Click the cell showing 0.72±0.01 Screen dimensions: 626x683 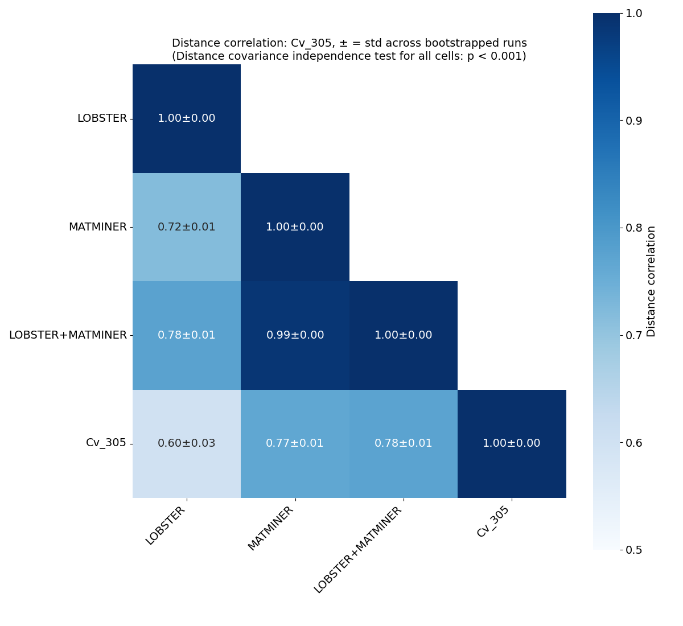coord(187,227)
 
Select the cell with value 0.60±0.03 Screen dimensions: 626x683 coord(187,443)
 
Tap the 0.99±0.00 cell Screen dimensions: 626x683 coord(295,335)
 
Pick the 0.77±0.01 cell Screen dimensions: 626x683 coord(295,443)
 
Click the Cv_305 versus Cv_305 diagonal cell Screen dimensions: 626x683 coord(512,443)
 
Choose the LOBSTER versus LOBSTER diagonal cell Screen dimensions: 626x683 coord(187,118)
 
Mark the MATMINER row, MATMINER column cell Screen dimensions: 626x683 coord(295,227)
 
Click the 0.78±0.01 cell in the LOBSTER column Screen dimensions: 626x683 coord(187,335)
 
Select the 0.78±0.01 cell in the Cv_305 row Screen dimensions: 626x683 coord(403,443)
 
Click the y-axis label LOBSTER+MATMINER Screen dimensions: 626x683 coord(68,335)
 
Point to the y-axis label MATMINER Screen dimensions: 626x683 coord(97,227)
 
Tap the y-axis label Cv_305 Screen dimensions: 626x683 coord(106,443)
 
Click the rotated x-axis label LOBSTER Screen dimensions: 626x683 coord(166,526)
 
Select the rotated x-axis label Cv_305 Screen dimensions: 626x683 coord(493,522)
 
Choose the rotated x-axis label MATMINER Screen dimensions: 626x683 coord(271,529)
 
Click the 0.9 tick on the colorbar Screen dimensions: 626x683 coord(633,121)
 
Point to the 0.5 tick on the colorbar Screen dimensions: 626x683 coord(633,550)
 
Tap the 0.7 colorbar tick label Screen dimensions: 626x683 coord(633,335)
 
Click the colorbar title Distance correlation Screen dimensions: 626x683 coord(652,281)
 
